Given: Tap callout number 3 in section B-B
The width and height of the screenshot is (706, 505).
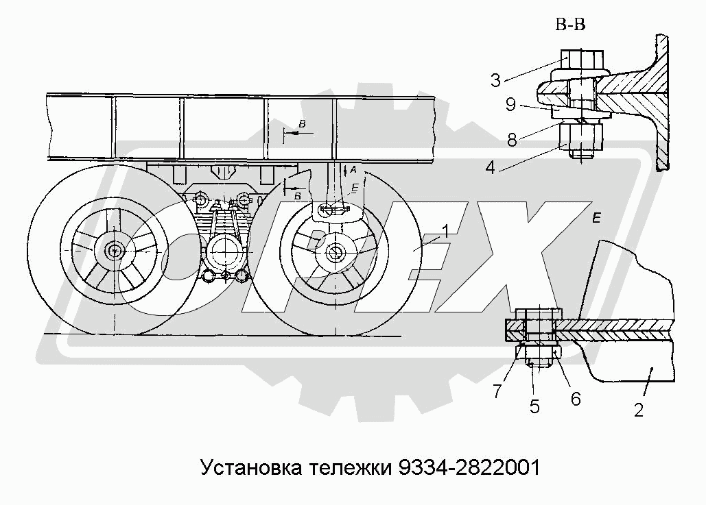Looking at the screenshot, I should pyautogui.click(x=495, y=81).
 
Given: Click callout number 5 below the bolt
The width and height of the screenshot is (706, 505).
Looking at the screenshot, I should pyautogui.click(x=534, y=406).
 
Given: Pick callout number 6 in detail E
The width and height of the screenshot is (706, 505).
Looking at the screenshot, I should pyautogui.click(x=575, y=398).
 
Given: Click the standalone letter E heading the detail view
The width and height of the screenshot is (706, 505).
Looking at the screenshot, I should pyautogui.click(x=596, y=219).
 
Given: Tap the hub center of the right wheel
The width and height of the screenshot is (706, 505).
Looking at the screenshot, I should pyautogui.click(x=336, y=252).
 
